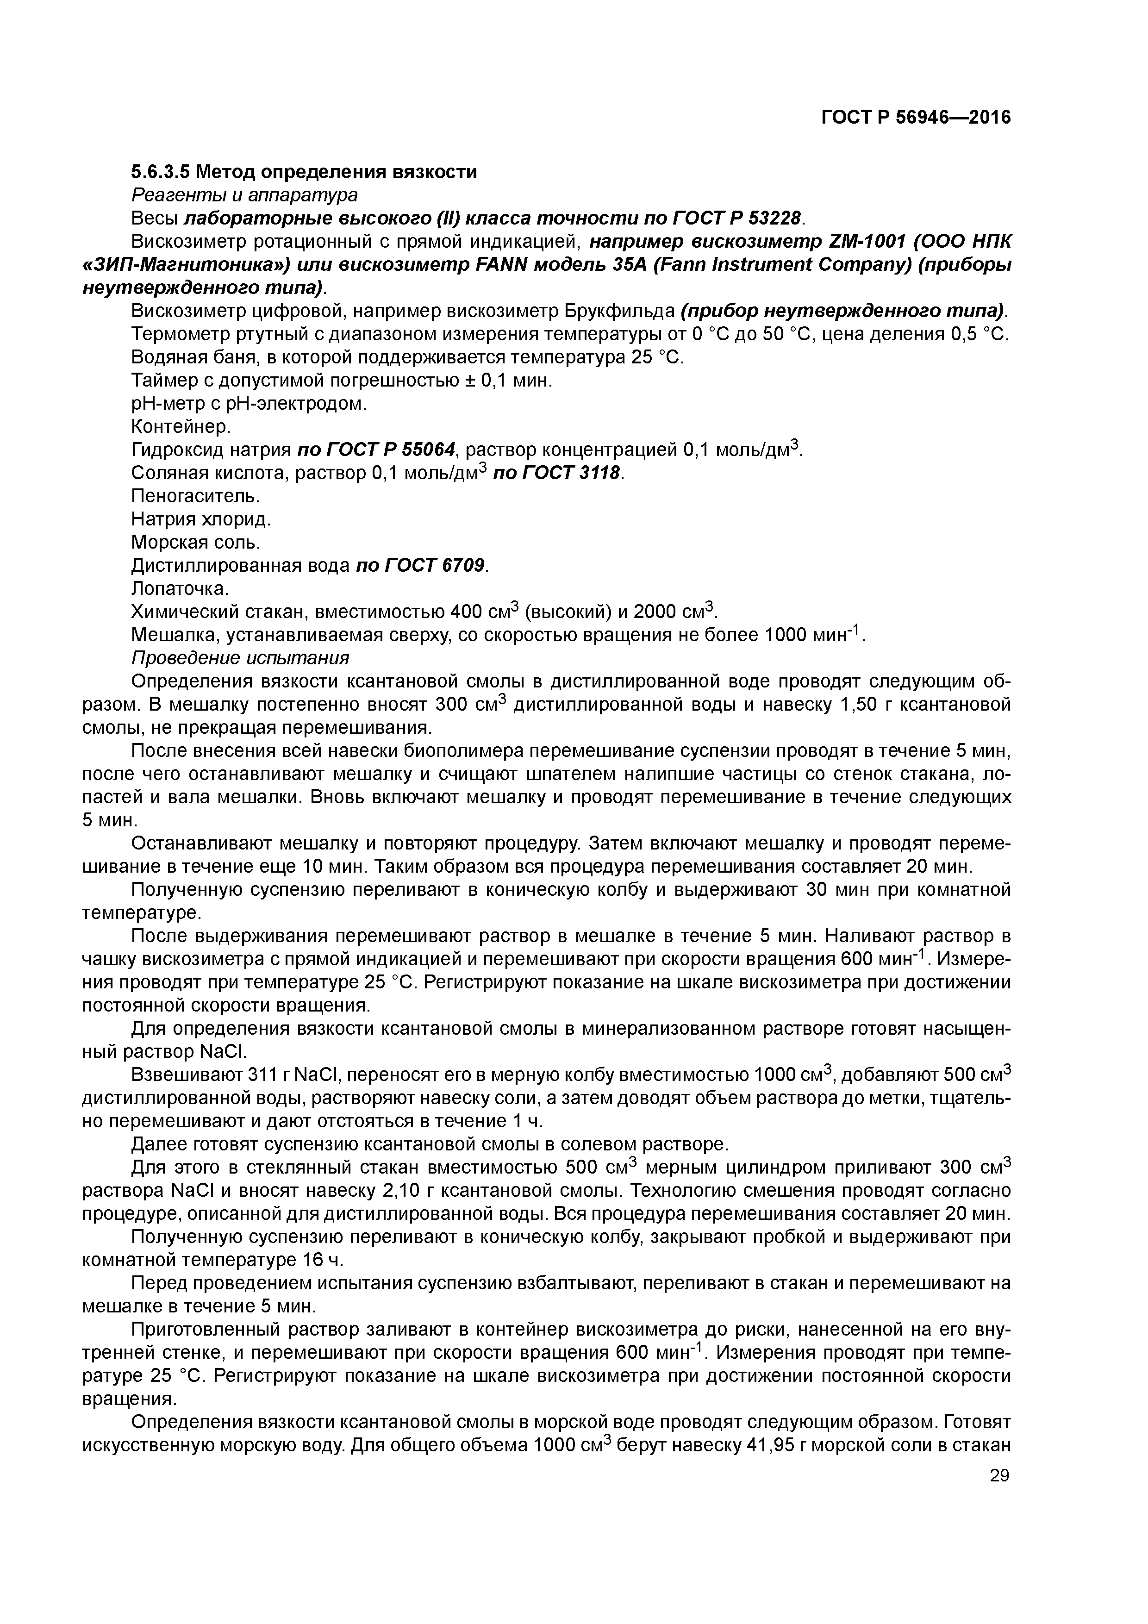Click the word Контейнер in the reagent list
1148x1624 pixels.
click(181, 426)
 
